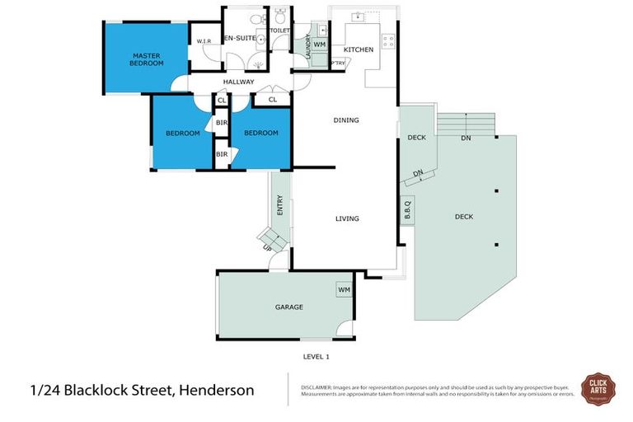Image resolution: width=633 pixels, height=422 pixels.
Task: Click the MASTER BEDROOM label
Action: point(146,59)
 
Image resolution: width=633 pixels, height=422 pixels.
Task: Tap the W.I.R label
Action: point(204,42)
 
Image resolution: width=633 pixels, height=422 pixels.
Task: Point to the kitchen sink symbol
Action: point(358,16)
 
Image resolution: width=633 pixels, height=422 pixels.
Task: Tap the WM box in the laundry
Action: point(320,44)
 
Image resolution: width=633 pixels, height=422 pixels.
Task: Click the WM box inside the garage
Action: point(343,290)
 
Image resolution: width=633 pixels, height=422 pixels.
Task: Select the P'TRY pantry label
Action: point(338,63)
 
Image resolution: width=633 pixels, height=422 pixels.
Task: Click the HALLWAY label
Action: point(238,82)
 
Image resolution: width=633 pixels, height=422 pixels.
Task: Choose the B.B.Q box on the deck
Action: point(406,211)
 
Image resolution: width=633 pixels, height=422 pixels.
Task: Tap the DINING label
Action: point(346,120)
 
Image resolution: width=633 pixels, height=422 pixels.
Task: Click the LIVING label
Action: point(346,218)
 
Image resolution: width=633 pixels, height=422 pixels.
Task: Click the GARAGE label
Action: point(288,307)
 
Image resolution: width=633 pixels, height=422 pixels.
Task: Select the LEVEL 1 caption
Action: point(316,357)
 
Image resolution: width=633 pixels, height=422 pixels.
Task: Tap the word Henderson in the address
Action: point(214,390)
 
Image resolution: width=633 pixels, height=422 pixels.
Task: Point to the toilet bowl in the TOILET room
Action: point(280,16)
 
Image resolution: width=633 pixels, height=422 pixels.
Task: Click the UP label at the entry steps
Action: point(266,248)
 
